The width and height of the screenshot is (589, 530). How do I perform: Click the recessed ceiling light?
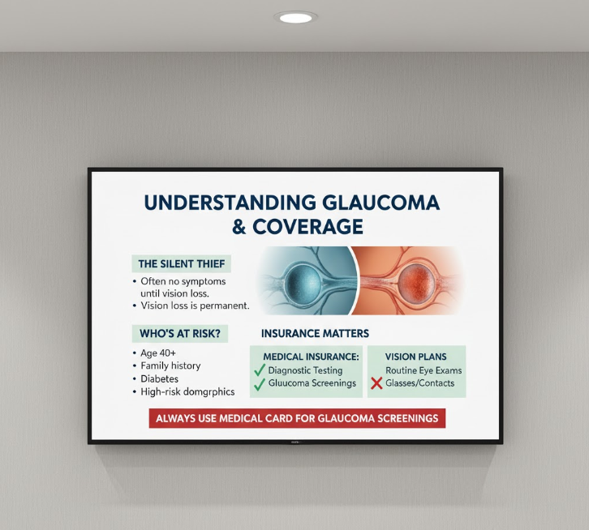point(295,17)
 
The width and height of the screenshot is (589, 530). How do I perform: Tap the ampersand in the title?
point(239,227)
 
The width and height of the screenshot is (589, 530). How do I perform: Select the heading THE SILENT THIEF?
point(182,263)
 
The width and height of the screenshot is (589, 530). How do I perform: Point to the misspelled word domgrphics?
point(208,391)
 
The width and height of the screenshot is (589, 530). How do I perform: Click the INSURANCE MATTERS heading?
point(315,333)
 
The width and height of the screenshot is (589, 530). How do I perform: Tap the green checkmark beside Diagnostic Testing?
point(260,370)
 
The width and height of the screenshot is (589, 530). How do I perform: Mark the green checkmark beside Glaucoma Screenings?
point(260,384)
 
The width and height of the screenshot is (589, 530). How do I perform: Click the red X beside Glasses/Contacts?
point(376,383)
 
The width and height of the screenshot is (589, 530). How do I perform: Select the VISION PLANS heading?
point(416,357)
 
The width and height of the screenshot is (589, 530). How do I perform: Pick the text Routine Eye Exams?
point(423,370)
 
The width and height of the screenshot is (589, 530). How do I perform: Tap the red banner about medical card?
point(297,419)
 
